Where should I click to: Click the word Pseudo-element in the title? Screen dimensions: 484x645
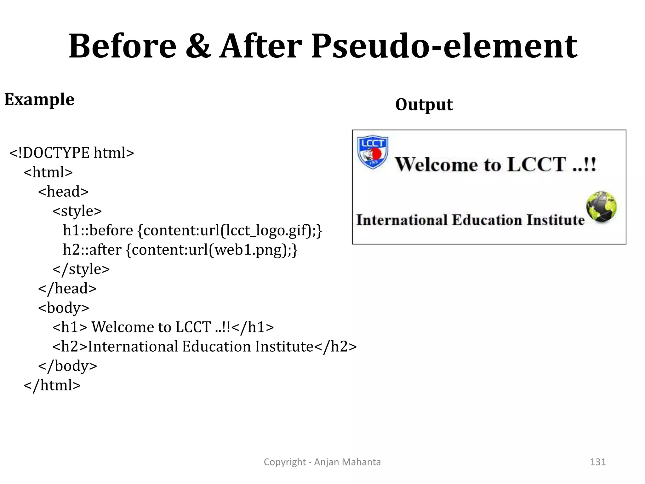click(x=444, y=46)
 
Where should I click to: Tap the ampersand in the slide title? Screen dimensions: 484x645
click(x=198, y=46)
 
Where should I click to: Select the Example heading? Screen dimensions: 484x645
click(x=39, y=100)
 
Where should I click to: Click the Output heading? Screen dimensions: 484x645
click(x=424, y=105)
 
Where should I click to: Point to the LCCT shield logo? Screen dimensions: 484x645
click(x=373, y=152)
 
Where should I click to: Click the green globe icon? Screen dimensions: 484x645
click(x=601, y=206)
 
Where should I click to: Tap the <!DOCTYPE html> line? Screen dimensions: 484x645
click(x=72, y=153)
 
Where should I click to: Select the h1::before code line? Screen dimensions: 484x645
click(x=192, y=230)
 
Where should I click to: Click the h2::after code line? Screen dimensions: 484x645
click(x=180, y=250)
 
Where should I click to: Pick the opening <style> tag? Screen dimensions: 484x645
click(x=77, y=211)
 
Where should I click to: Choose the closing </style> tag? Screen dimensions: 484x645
click(x=81, y=269)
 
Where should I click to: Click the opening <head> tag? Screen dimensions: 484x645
click(x=63, y=192)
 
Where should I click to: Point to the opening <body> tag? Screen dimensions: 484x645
click(x=64, y=308)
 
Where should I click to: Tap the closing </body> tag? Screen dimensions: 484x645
click(x=68, y=366)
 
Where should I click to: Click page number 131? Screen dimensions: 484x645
click(x=598, y=462)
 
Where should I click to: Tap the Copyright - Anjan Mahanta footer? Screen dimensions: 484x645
click(x=322, y=462)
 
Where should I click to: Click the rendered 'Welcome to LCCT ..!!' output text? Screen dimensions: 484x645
click(x=496, y=164)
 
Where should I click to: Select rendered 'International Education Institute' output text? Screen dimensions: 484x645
click(x=470, y=220)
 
